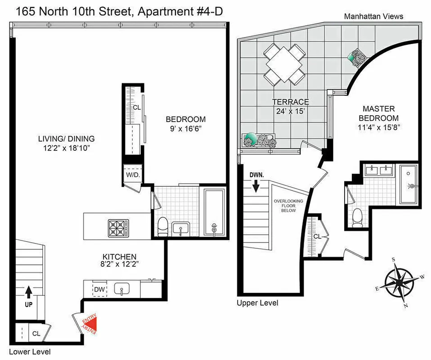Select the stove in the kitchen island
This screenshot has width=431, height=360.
click(118, 229)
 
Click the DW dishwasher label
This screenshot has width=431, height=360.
click(99, 289)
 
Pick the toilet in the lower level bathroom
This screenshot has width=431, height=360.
click(163, 227)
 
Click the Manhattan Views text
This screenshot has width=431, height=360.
click(373, 16)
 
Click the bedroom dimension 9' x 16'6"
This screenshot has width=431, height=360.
click(185, 128)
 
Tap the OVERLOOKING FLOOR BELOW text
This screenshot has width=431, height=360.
click(288, 209)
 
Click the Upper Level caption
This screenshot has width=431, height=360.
click(257, 303)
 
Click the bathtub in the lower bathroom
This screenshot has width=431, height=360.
click(215, 211)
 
